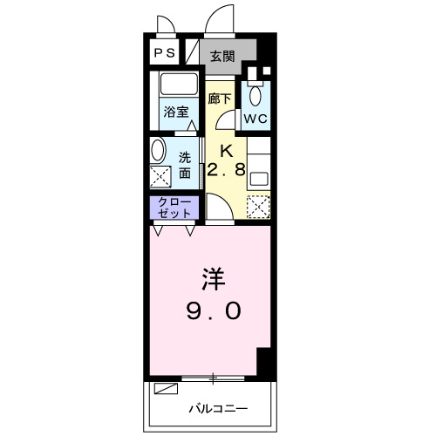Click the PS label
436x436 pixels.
[x=165, y=53]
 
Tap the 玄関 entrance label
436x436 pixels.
[x=222, y=57]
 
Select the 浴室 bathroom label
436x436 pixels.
[x=177, y=112]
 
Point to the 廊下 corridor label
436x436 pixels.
[x=220, y=99]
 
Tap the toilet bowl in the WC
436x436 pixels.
[x=255, y=95]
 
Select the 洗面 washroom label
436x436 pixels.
[x=186, y=166]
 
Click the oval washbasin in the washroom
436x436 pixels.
[x=159, y=149]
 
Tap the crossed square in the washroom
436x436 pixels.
[x=161, y=176]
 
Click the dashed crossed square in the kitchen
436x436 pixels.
[x=258, y=208]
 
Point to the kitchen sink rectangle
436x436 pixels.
[x=258, y=178]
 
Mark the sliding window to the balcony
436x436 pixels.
[x=214, y=378]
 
